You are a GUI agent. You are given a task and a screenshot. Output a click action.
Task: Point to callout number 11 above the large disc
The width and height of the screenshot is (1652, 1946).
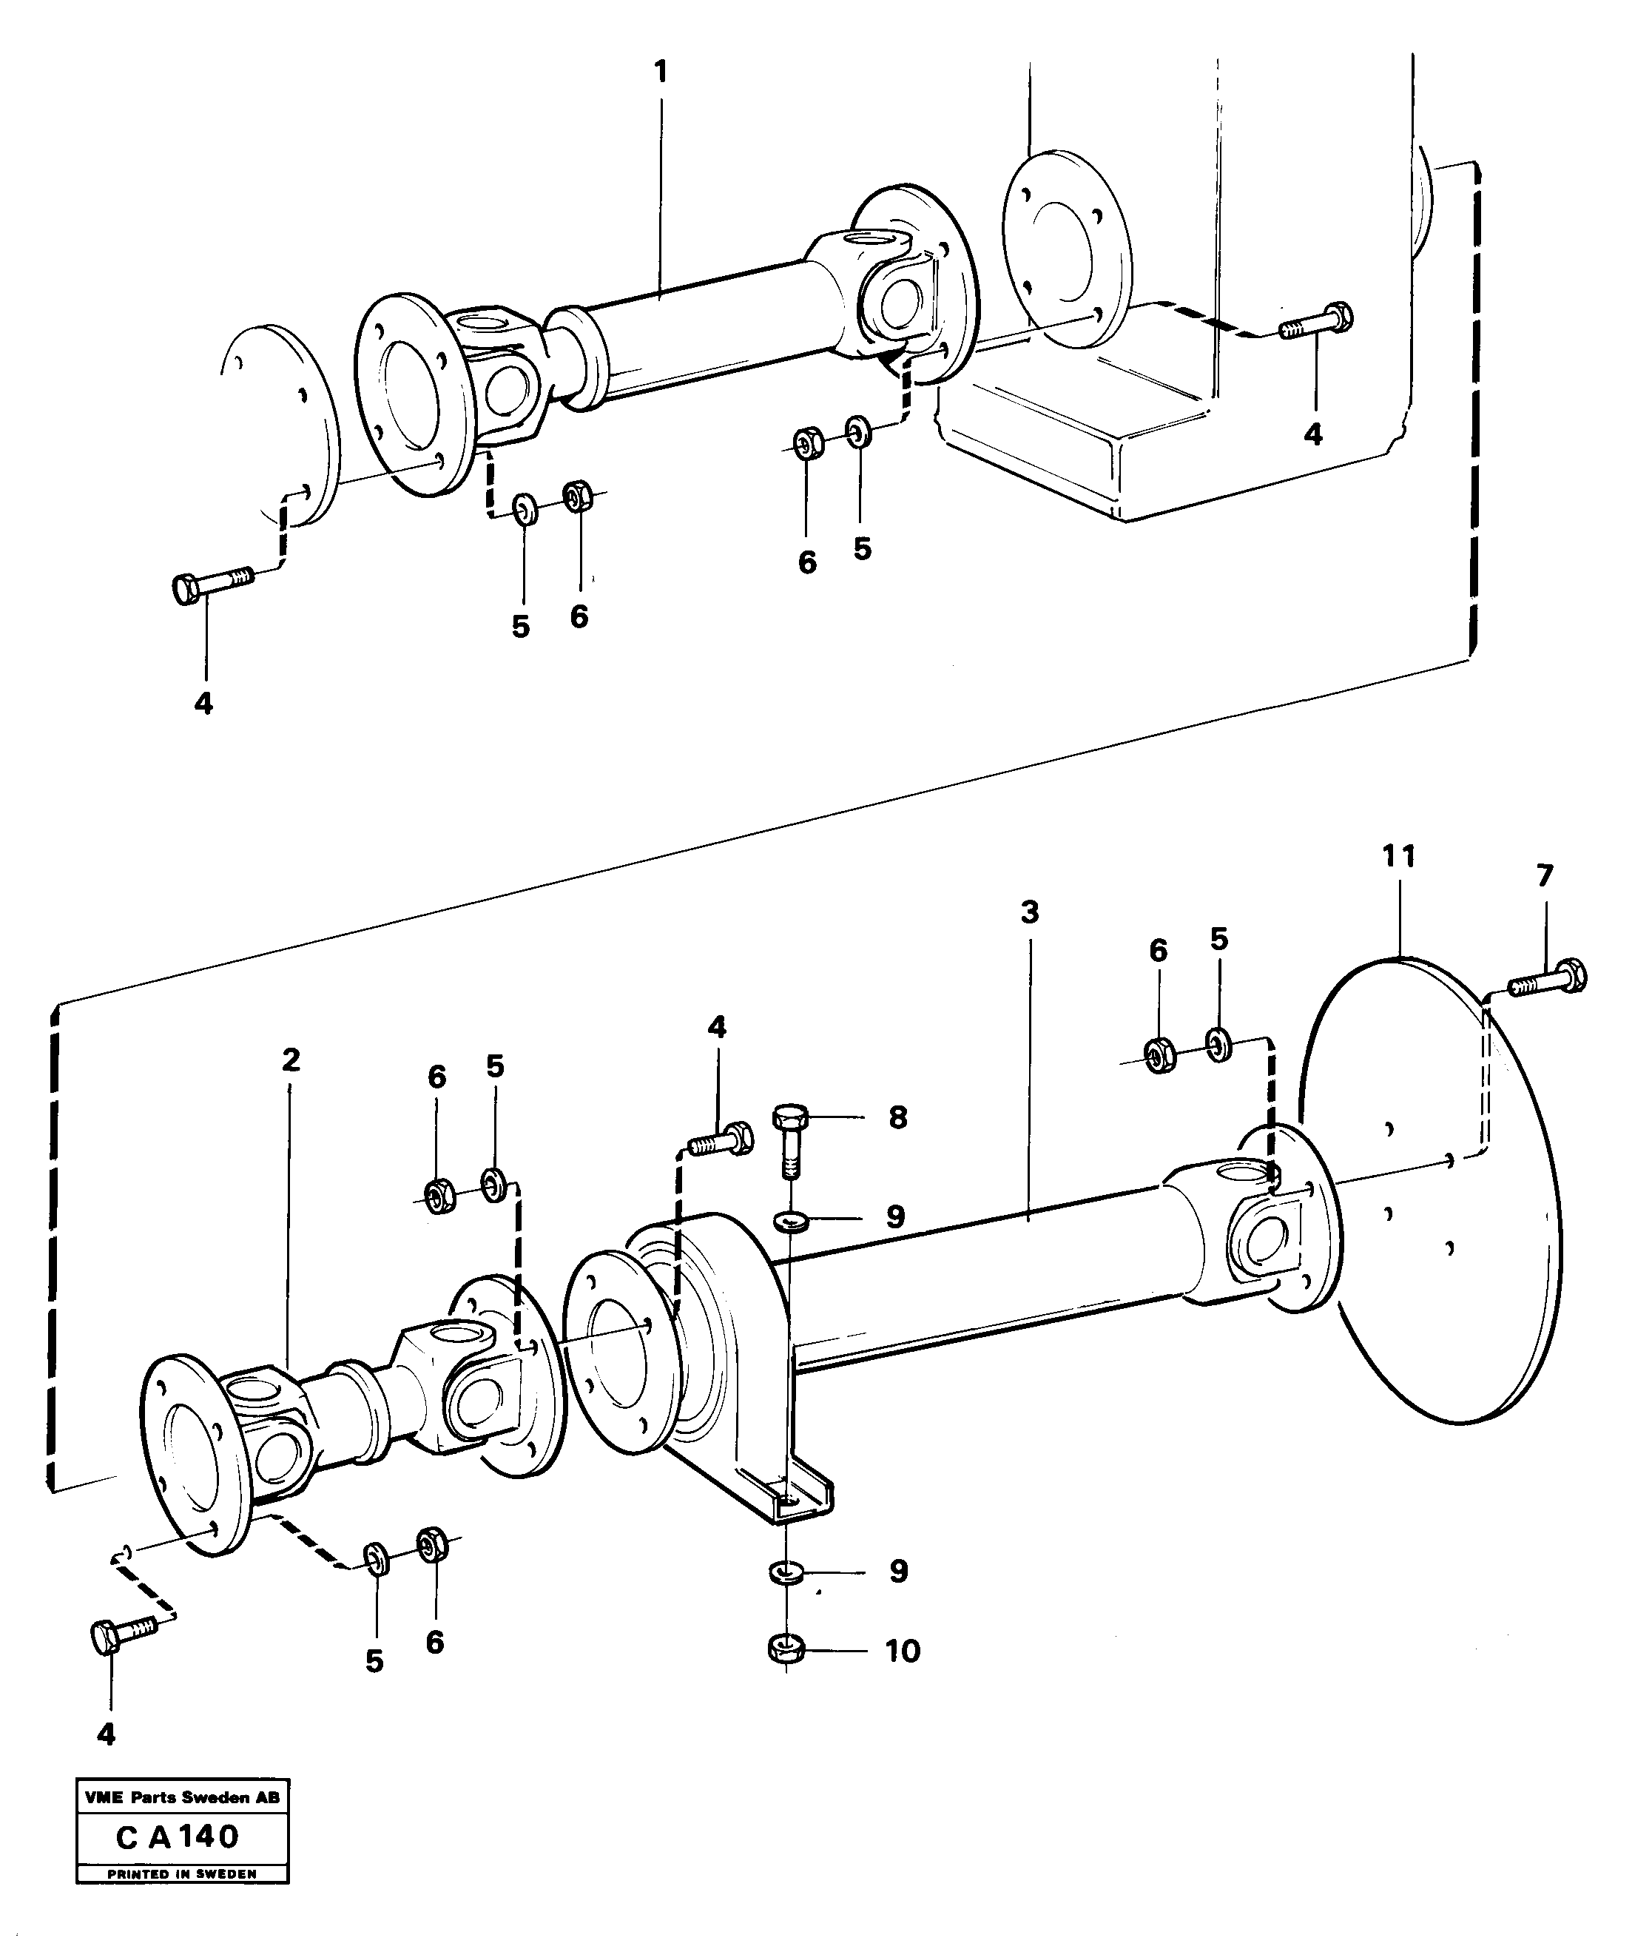click(1398, 856)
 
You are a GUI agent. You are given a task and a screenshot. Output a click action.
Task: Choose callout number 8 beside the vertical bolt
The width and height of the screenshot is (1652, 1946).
click(897, 1117)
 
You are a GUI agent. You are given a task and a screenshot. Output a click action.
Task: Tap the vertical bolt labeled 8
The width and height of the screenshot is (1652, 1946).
click(790, 1142)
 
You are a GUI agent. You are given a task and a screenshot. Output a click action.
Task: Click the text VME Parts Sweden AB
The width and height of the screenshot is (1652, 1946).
click(182, 1798)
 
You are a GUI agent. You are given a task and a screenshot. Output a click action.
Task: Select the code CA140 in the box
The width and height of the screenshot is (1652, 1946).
click(178, 1836)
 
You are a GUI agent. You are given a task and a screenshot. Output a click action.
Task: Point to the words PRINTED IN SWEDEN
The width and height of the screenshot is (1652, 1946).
click(182, 1874)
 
